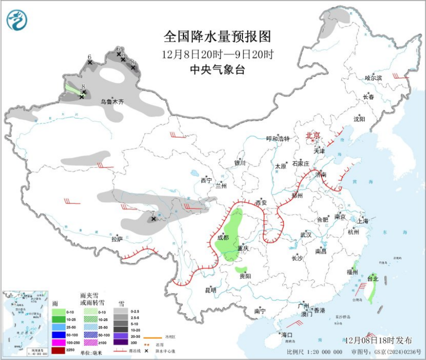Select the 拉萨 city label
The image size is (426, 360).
pos(117,239)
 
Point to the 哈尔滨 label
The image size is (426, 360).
pos(373,78)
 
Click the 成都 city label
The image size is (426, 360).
pos(222,237)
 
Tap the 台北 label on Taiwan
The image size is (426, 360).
pos(373,278)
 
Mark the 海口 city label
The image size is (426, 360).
pos(286,334)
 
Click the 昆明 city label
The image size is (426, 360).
pos(210,289)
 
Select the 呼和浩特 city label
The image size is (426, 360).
pos(277,138)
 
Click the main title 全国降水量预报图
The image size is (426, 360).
pos(217,37)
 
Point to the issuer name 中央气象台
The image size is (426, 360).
pos(217,70)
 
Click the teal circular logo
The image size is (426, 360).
pos(17,20)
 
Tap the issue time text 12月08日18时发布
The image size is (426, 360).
pos(378,340)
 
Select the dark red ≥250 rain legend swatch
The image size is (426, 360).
pos(58,350)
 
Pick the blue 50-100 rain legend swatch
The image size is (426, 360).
pos(58,334)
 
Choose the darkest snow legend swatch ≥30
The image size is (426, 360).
pos(120,342)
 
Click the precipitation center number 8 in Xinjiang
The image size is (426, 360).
pos(83,86)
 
